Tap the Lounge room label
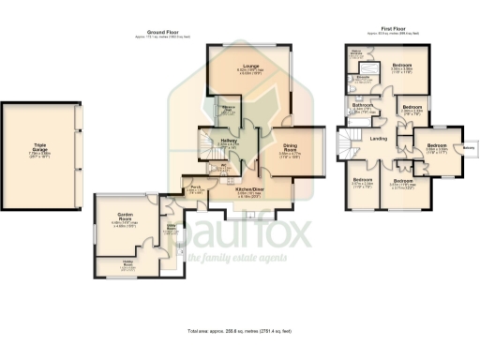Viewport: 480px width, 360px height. [x=250, y=66]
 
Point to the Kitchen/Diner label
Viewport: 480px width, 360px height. [x=248, y=192]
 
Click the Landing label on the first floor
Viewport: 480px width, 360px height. [x=379, y=141]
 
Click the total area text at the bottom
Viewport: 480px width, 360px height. [x=240, y=332]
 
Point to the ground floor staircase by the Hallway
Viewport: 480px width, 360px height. [x=207, y=144]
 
